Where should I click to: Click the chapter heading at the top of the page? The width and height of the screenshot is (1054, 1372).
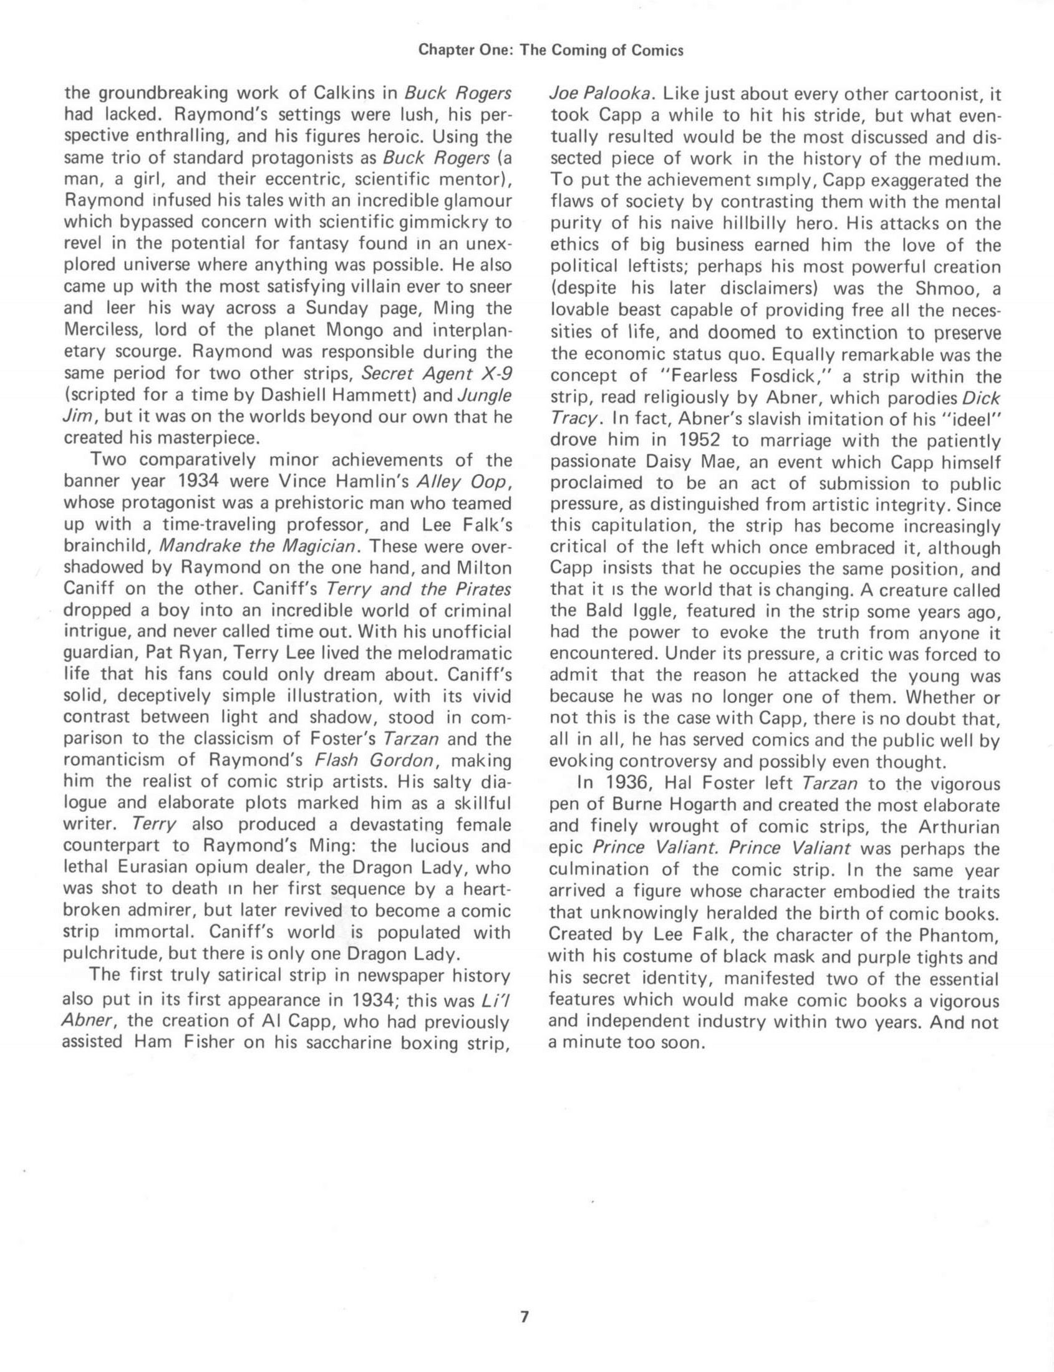point(550,51)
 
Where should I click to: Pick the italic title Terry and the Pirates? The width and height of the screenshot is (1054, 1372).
point(419,589)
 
